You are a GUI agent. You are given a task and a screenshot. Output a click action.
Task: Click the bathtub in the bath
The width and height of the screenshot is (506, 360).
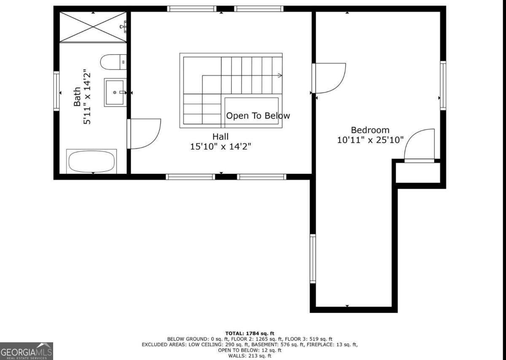point(92,161)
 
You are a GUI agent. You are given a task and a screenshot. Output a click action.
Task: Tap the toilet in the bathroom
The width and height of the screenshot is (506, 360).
point(113,62)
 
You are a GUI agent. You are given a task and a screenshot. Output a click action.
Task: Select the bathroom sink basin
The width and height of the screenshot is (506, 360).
point(114,92)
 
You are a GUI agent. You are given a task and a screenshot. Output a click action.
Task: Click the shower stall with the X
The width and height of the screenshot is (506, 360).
point(93,27)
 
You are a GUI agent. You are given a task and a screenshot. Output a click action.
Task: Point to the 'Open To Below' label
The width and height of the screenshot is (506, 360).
point(258,116)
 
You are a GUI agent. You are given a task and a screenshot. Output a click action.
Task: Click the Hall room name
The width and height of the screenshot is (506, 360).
point(221,137)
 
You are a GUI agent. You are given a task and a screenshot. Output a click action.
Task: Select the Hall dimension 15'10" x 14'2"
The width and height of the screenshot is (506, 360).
point(221,146)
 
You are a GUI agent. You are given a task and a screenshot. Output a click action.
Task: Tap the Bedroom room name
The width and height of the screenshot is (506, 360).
point(370,130)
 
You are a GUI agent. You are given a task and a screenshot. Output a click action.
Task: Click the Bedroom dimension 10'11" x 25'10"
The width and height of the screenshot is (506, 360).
point(370,140)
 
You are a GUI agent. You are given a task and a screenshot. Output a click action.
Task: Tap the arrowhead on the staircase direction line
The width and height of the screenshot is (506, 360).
point(280,76)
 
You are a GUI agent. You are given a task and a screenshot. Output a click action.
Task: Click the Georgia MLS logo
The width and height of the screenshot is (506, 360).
point(27,351)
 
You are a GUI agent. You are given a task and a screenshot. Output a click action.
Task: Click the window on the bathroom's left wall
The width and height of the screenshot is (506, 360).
point(57,91)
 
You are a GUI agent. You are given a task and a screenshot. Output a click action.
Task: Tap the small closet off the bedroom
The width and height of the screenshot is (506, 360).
point(418,173)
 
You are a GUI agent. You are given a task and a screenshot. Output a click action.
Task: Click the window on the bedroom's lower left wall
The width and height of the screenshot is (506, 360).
point(312,258)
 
